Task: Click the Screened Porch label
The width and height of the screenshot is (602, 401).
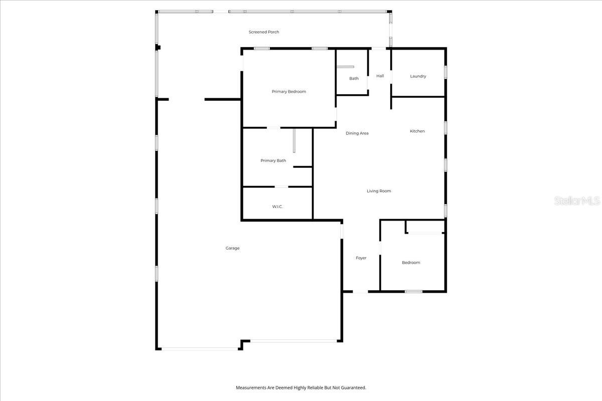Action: (264, 32)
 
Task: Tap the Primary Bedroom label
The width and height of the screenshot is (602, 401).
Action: (288, 92)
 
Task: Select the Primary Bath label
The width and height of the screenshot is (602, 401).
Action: (273, 161)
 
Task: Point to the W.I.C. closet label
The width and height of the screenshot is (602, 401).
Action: (277, 207)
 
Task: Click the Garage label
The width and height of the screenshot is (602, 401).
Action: (232, 248)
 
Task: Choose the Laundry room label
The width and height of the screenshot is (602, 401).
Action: (418, 76)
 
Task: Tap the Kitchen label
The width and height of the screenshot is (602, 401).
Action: (417, 131)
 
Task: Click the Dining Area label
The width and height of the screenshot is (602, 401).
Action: (357, 133)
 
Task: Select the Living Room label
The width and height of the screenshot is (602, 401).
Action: (378, 191)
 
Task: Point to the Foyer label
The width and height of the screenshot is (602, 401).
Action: (361, 258)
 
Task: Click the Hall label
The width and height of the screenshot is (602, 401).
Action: (380, 76)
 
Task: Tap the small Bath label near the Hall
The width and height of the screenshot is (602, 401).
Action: (354, 79)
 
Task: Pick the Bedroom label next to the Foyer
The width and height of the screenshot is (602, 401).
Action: (411, 263)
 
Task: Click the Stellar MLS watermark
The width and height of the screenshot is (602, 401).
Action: (577, 201)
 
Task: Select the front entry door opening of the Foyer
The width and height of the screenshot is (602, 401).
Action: (360, 292)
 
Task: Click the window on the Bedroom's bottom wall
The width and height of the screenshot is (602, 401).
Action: (413, 291)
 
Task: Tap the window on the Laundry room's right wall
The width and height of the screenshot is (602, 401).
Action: (445, 72)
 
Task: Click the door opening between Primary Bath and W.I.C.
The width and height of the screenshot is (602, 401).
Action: (281, 187)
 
